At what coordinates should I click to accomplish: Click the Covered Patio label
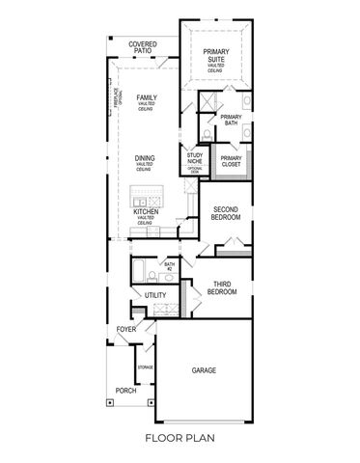pyautogui.click(x=142, y=47)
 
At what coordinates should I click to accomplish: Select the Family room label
pyautogui.click(x=147, y=97)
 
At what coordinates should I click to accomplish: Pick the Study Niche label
pyautogui.click(x=194, y=156)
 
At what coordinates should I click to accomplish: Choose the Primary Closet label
pyautogui.click(x=231, y=160)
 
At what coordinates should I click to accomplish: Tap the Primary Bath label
pyautogui.click(x=231, y=120)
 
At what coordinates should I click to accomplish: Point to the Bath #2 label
pyautogui.click(x=169, y=265)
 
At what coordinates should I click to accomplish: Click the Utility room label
pyautogui.click(x=156, y=295)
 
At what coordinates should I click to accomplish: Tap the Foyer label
pyautogui.click(x=126, y=329)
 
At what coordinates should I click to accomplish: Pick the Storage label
pyautogui.click(x=146, y=368)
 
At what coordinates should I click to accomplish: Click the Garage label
pyautogui.click(x=204, y=370)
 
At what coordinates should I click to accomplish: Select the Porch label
pyautogui.click(x=125, y=391)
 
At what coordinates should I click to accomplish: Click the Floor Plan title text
pyautogui.click(x=180, y=438)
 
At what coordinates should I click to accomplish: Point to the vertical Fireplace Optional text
pyautogui.click(x=113, y=96)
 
